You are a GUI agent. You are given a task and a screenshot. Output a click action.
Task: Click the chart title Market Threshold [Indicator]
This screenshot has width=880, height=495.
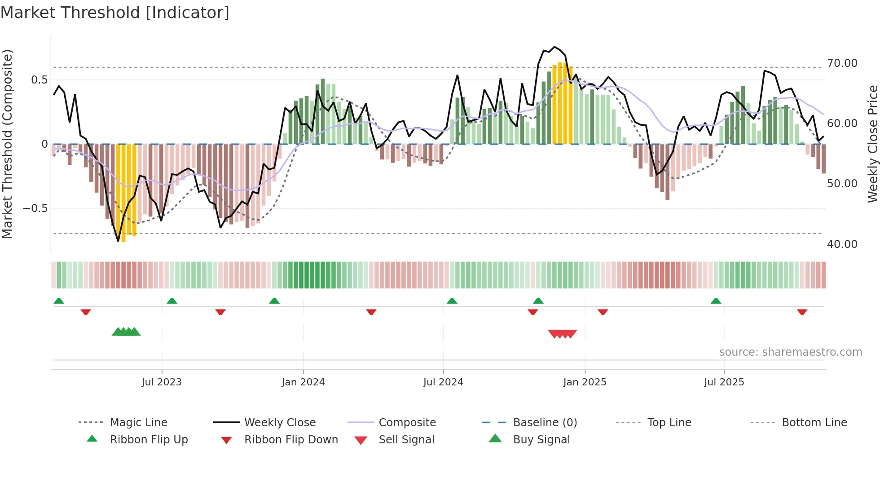tap(115, 13)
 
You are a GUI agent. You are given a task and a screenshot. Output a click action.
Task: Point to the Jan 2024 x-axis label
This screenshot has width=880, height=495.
tap(303, 382)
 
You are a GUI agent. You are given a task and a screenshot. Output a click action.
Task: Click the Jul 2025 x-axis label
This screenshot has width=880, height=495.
tap(724, 382)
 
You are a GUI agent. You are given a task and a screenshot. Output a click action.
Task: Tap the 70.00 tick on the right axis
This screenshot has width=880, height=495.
tap(842, 63)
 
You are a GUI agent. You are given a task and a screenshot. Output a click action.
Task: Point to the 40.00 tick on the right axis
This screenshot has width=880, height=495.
tap(842, 244)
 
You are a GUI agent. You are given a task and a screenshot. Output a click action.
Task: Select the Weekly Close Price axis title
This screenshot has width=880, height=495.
tap(872, 144)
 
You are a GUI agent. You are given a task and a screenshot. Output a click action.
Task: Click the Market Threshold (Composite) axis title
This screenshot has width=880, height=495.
tap(7, 144)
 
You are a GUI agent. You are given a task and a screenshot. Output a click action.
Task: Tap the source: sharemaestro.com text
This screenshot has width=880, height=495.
tap(790, 352)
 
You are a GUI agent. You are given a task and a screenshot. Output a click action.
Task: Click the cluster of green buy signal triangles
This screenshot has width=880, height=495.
tap(126, 332)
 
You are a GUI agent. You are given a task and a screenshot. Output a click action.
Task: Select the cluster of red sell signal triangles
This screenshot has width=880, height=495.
tap(562, 334)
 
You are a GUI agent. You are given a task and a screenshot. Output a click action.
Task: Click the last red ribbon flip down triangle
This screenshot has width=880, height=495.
tap(802, 312)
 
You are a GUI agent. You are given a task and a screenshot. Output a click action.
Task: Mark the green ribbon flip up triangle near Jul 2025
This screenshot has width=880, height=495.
tap(716, 301)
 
